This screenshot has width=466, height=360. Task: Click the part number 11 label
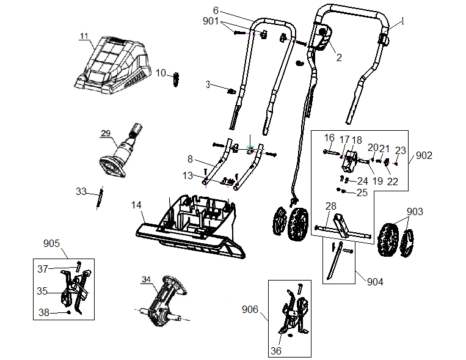tap(84, 36)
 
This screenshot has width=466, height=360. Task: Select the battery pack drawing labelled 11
tap(112, 65)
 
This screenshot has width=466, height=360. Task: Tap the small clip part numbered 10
tap(176, 79)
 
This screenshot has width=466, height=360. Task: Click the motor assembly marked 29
tap(121, 150)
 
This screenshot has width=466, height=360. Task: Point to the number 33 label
tap(81, 191)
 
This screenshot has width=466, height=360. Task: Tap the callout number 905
tap(51, 243)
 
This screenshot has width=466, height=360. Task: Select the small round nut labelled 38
tap(68, 312)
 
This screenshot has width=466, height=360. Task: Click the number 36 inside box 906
tap(276, 351)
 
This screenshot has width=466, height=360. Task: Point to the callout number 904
tap(375, 281)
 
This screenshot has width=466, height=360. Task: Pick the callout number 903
tap(415, 211)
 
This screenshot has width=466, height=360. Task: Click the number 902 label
tap(424, 155)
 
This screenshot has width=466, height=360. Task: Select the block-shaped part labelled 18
tap(349, 161)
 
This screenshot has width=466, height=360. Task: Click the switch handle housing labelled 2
tap(323, 37)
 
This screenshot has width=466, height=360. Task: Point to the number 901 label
tap(211, 21)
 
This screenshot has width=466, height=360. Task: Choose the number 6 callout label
tap(216, 11)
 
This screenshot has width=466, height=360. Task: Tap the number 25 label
tap(362, 193)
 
